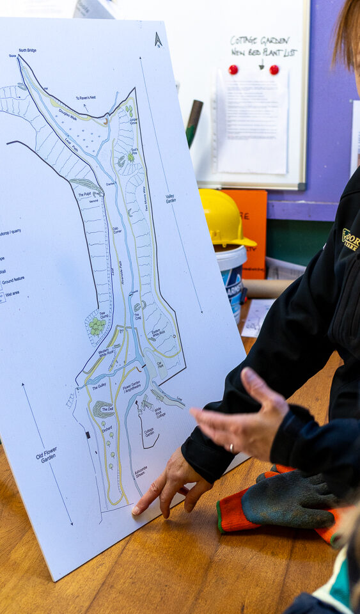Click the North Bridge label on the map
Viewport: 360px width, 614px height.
[x=27, y=50]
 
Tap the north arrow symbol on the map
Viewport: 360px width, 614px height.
[x=158, y=40]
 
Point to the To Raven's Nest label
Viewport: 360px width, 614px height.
[x=86, y=98]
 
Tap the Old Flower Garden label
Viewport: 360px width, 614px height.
[x=47, y=455]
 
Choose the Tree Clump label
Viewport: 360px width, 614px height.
[x=103, y=315]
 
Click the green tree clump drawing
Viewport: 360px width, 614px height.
[x=97, y=326]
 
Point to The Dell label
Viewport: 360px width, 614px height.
[x=107, y=409]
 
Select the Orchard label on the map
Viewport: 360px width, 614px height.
[x=107, y=429]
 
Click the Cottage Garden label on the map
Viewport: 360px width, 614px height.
[x=149, y=432]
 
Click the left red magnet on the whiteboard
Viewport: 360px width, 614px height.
[x=233, y=69]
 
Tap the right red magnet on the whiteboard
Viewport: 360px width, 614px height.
[x=274, y=69]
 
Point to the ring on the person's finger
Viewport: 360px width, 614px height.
[x=231, y=447]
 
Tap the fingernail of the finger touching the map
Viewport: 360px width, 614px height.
[x=136, y=510]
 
